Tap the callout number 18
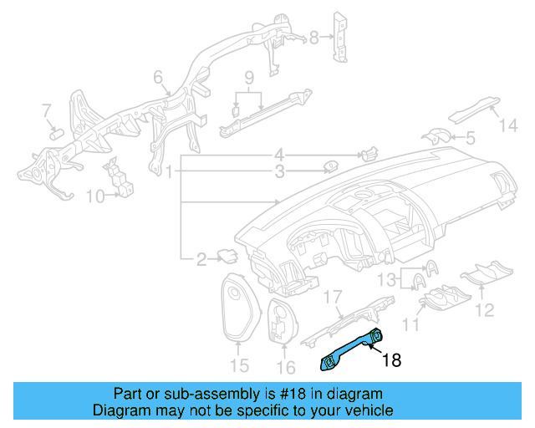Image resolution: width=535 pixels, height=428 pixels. tap(392, 361)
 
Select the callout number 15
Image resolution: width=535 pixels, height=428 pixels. tap(239, 364)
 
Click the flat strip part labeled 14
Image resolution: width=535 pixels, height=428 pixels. tap(475, 109)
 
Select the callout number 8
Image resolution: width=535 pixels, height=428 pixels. tap(314, 38)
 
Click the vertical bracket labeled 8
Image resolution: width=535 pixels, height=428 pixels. tap(341, 38)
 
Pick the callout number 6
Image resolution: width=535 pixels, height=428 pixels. tap(157, 78)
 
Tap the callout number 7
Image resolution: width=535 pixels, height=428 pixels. tap(47, 110)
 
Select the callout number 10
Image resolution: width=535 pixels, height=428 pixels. tap(95, 196)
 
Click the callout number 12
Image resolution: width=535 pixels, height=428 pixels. tap(485, 311)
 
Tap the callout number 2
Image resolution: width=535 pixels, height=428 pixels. tap(201, 260)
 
